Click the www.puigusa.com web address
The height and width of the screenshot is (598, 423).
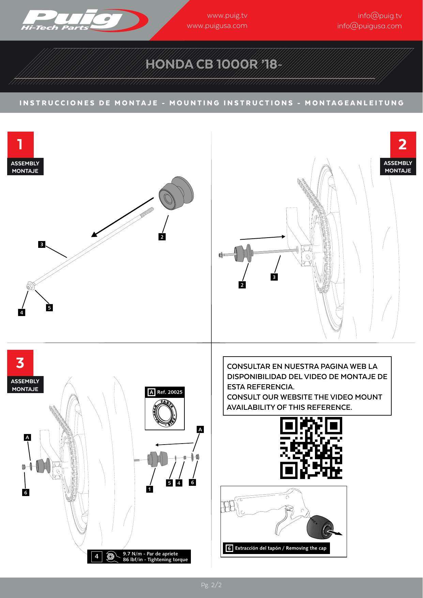pyautogui.click(x=217, y=26)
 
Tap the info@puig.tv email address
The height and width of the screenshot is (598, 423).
pyautogui.click(x=380, y=16)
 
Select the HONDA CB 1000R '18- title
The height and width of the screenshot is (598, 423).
pyautogui.click(x=214, y=64)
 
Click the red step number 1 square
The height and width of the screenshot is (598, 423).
pyautogui.click(x=20, y=144)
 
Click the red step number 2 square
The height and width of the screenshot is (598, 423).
pyautogui.click(x=403, y=144)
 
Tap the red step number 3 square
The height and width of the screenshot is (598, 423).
pyautogui.click(x=20, y=363)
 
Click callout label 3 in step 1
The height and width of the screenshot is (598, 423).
pyautogui.click(x=42, y=244)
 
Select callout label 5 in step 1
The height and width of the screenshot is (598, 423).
pyautogui.click(x=49, y=308)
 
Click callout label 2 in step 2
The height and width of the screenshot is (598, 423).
pyautogui.click(x=242, y=285)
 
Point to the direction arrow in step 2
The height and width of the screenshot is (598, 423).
pyautogui.click(x=262, y=238)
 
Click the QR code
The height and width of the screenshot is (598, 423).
pyautogui.click(x=311, y=448)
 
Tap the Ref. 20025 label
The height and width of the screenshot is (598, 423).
pyautogui.click(x=169, y=392)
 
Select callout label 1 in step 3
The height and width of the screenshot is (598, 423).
pyautogui.click(x=149, y=489)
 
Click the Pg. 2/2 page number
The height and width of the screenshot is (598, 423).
pyautogui.click(x=211, y=585)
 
